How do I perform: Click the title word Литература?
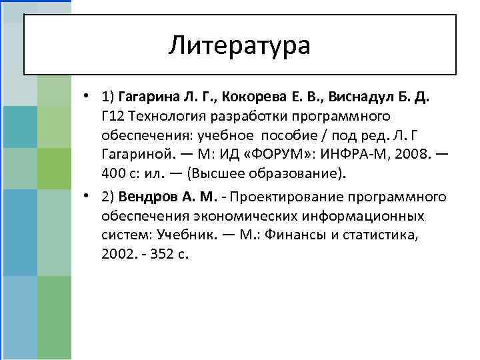pos(239,45)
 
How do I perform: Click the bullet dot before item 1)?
pos(88,96)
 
